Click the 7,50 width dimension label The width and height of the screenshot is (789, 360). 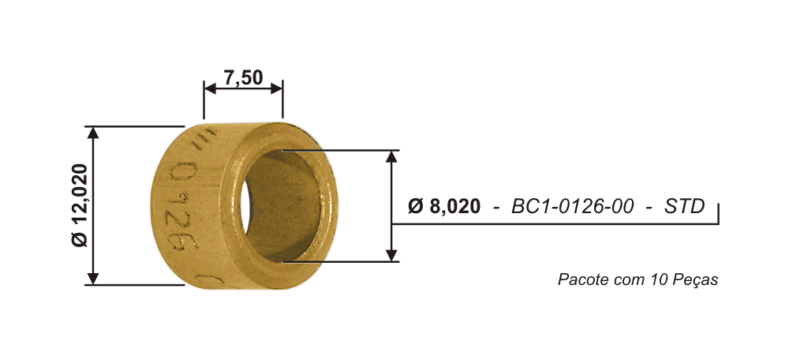coord(243,78)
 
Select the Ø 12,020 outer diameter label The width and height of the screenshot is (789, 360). coord(80,205)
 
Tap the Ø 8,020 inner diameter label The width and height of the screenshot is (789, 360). coord(443,206)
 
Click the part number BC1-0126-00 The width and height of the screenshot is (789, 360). coord(573,206)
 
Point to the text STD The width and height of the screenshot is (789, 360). coord(684,206)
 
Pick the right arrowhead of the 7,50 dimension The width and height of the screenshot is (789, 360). coord(276,88)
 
